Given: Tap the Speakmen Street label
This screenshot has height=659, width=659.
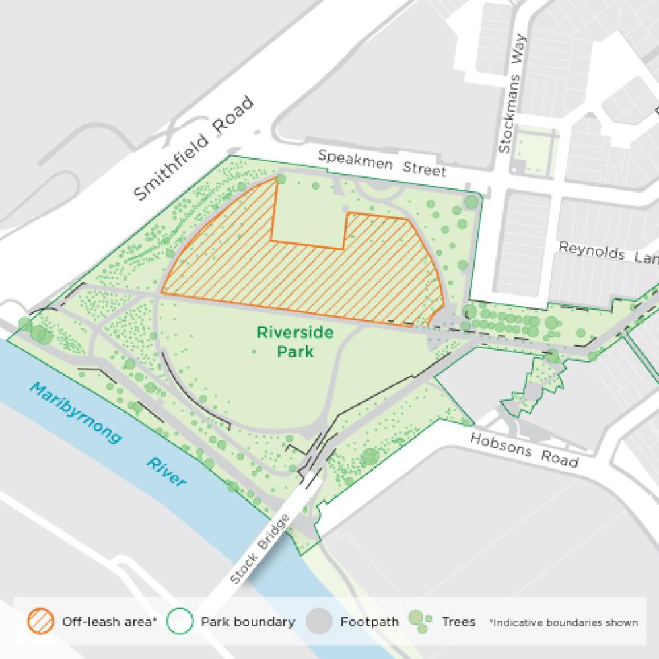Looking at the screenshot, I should tap(382, 162).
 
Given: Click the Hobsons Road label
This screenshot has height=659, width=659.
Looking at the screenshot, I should tap(524, 450).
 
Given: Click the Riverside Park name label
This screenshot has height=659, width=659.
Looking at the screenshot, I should tap(286, 341).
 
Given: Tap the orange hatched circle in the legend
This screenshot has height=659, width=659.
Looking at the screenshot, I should tap(40, 621).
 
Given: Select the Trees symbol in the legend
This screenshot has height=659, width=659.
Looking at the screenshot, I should tap(419, 621).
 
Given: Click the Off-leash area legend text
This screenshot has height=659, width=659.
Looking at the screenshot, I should tap(109, 622).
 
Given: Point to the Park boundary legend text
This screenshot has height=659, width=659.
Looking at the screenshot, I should tap(248, 622).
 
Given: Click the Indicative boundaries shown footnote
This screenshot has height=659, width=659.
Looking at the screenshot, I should tap(563, 623).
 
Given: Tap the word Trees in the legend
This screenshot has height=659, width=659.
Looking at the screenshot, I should tap(458, 622).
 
